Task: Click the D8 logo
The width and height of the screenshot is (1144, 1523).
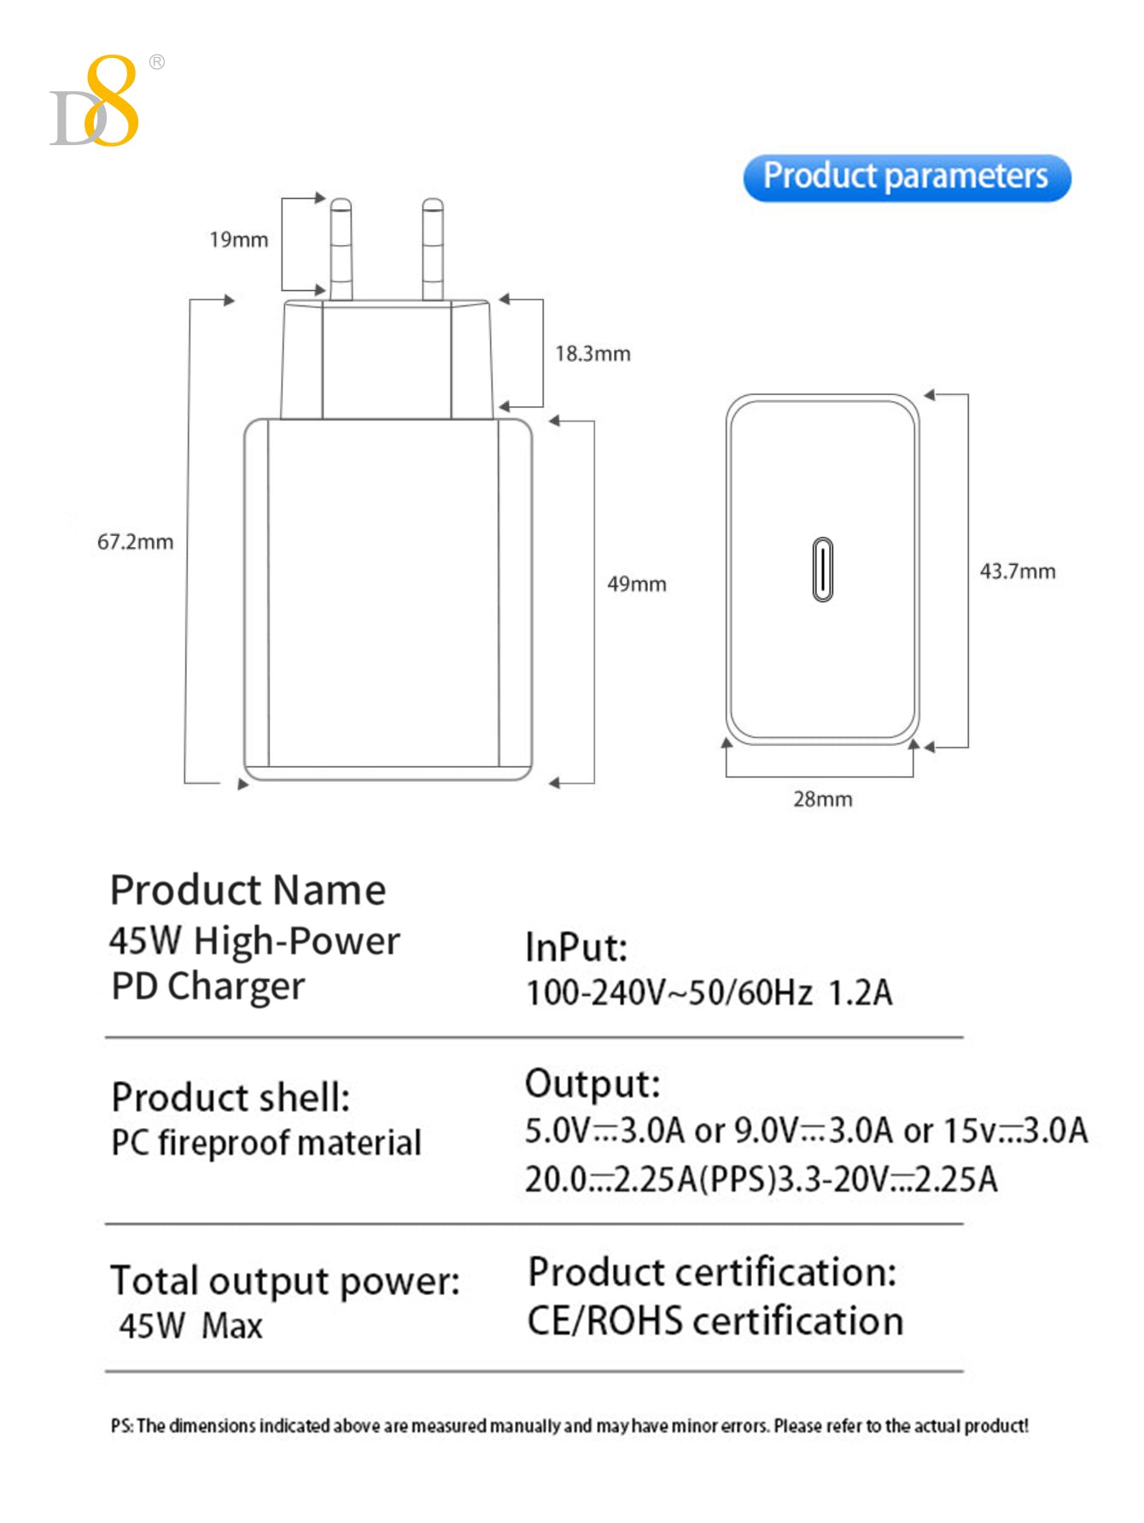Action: (95, 102)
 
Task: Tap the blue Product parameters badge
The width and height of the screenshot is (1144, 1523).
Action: (907, 177)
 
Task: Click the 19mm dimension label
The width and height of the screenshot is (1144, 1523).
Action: (238, 240)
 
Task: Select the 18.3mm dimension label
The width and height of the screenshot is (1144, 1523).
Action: (592, 353)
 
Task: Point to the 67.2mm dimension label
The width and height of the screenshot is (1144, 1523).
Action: (135, 542)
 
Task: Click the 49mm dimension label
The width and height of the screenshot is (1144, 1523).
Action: (636, 584)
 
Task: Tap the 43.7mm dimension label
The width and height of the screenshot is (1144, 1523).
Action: (1017, 572)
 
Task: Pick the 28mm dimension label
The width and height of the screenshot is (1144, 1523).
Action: (822, 799)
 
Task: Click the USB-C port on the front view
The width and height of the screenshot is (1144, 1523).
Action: (822, 569)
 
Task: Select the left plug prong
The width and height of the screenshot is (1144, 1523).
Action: (341, 249)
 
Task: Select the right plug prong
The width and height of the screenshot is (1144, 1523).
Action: (433, 249)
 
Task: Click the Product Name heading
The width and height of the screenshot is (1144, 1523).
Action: (248, 890)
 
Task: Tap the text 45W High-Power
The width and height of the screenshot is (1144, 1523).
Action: (254, 941)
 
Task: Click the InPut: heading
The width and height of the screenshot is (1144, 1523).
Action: (576, 948)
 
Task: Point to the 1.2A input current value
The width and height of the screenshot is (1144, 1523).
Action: (860, 993)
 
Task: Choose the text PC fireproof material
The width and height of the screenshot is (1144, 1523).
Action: (266, 1143)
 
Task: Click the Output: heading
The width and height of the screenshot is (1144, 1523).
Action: (592, 1084)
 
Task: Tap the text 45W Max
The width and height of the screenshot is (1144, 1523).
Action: (190, 1326)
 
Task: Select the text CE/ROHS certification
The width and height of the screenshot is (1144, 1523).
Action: (715, 1322)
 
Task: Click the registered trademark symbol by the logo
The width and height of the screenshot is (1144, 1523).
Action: (157, 61)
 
